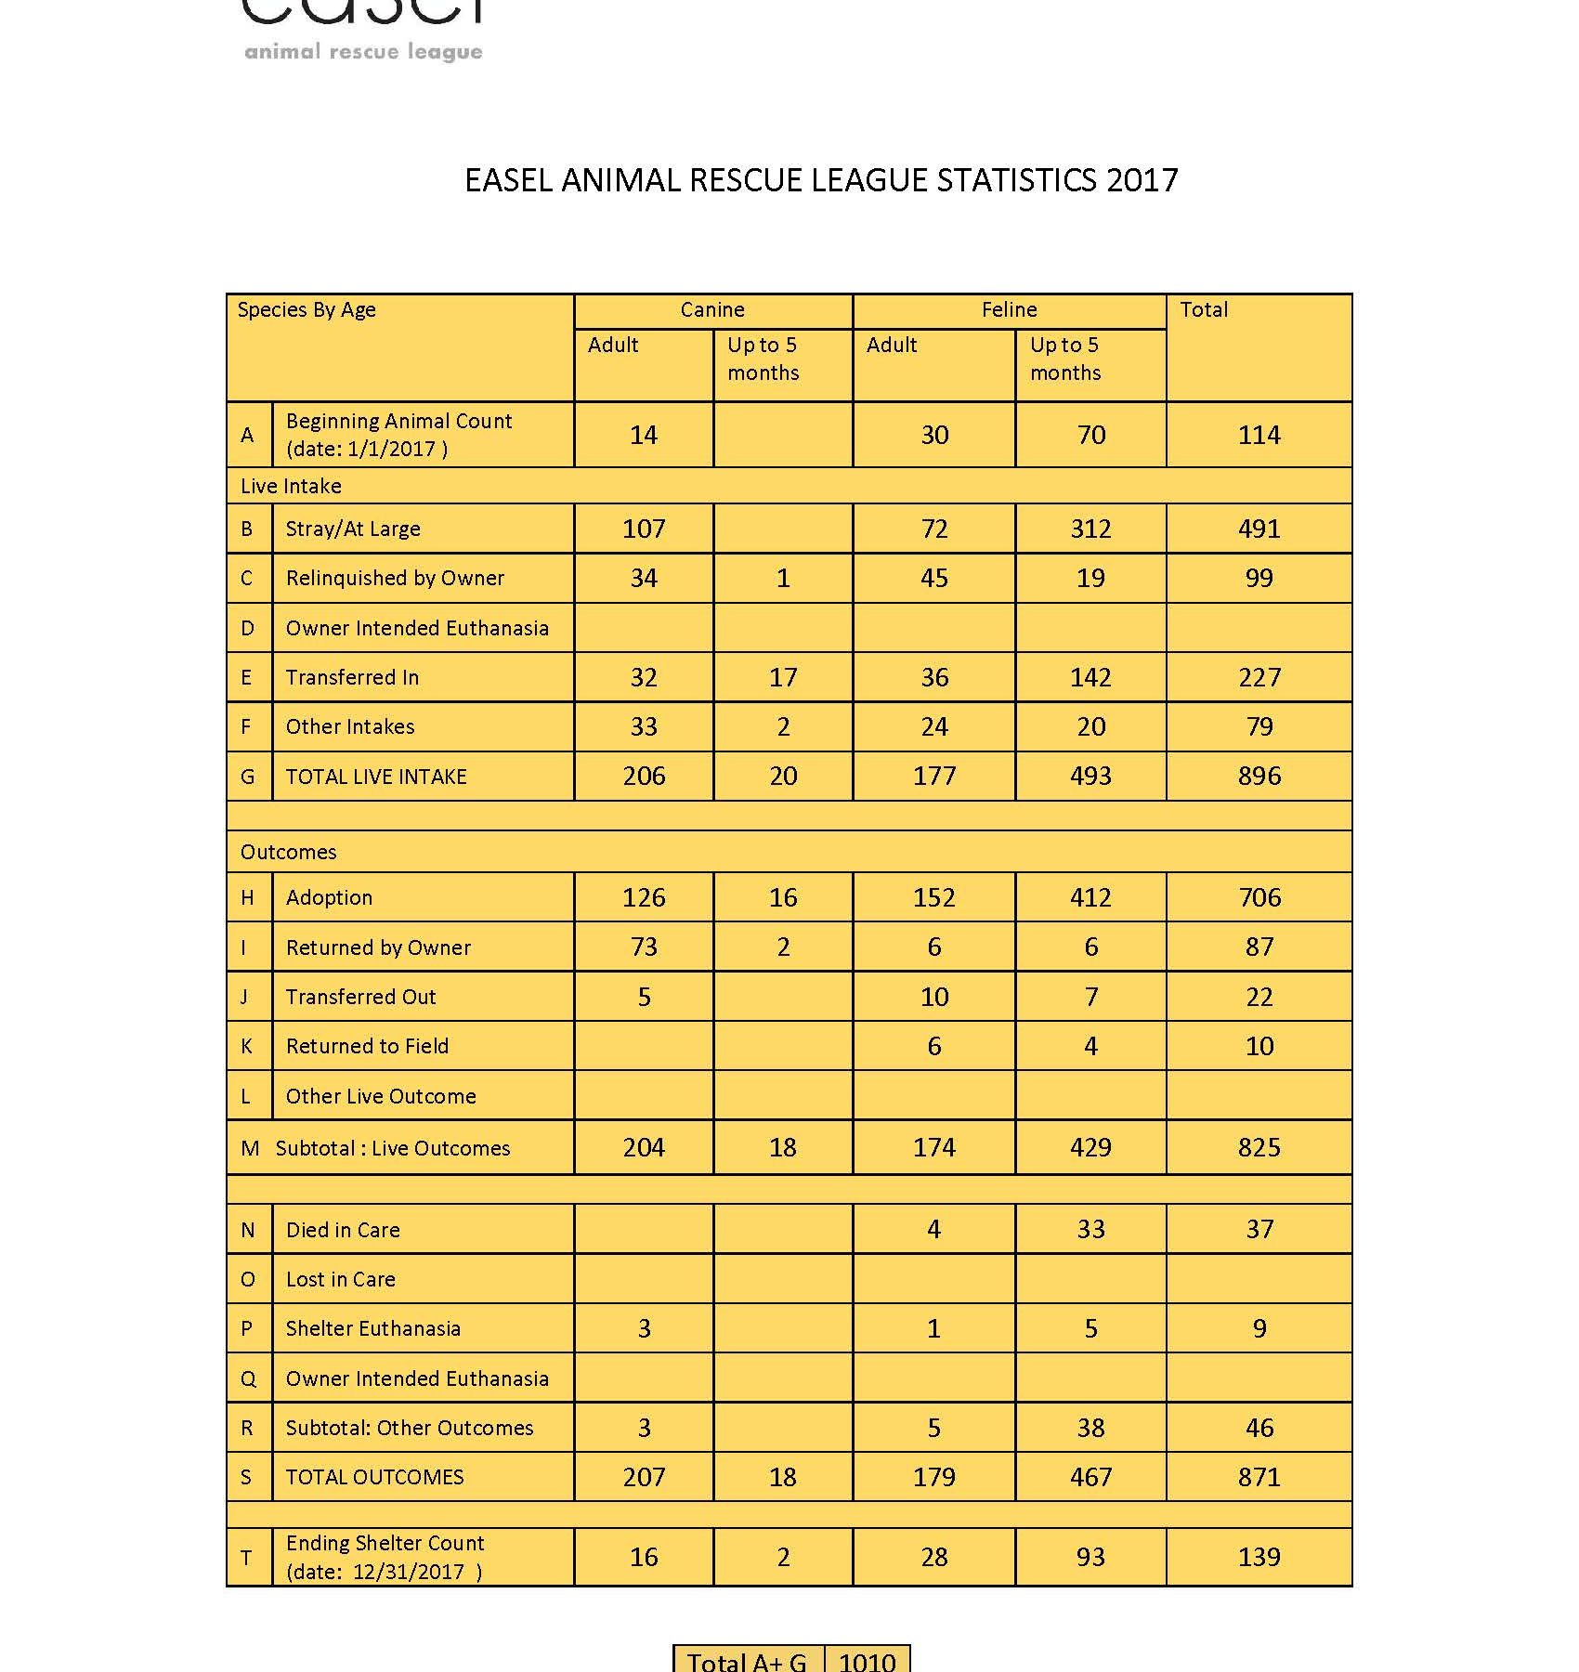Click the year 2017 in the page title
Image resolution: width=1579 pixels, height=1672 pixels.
tap(1142, 179)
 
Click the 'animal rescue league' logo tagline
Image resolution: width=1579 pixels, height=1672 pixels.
tap(363, 52)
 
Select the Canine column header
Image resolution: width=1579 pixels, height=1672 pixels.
tap(712, 310)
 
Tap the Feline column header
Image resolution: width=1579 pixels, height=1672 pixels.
tap(1009, 310)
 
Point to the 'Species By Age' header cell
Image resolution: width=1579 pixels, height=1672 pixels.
tap(307, 310)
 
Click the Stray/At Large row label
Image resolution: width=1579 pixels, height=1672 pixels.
tap(353, 529)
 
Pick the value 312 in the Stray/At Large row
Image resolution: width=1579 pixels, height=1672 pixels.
tap(1090, 529)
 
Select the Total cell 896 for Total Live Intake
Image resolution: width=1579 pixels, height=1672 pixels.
tap(1259, 776)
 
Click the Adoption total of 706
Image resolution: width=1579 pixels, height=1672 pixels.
tap(1259, 897)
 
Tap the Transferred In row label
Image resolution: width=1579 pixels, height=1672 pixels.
tap(352, 677)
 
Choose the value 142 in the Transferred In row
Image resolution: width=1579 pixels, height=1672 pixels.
tap(1090, 677)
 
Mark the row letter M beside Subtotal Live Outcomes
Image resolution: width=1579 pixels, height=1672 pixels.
tap(249, 1148)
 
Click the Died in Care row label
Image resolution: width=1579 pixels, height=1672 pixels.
tap(343, 1230)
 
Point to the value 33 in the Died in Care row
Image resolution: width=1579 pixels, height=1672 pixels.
tap(1090, 1229)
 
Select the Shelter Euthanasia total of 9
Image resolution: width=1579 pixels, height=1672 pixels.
tap(1259, 1328)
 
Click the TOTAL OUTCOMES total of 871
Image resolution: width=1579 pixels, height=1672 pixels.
tap(1259, 1477)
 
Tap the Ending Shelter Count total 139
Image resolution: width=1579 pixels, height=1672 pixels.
tap(1259, 1557)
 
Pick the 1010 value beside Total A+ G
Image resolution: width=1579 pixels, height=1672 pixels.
tap(867, 1661)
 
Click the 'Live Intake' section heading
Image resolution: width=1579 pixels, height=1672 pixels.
tap(291, 486)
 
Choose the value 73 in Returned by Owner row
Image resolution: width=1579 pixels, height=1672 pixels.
tap(644, 947)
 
